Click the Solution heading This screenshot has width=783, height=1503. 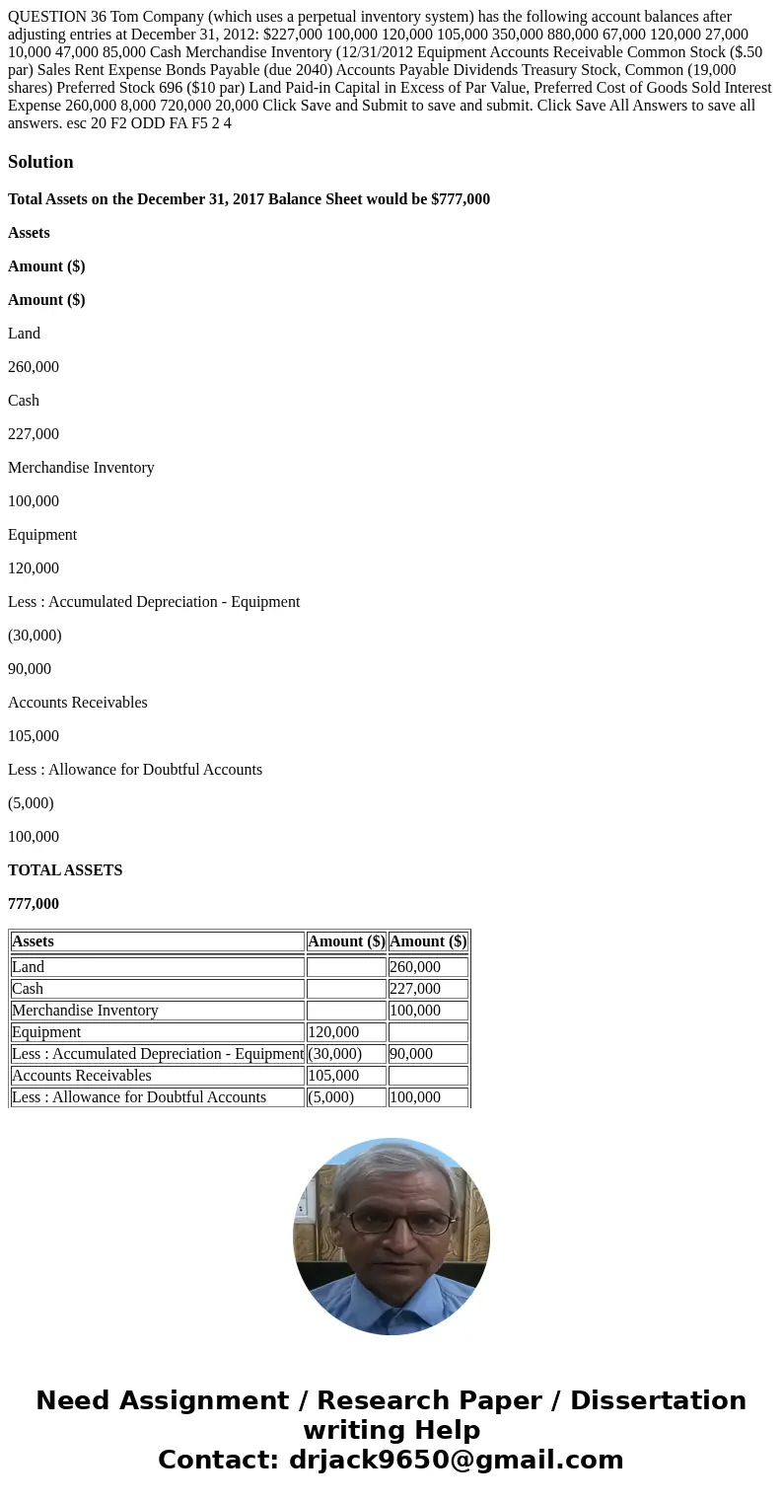pyautogui.click(x=40, y=162)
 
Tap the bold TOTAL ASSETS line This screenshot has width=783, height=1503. pyautogui.click(x=65, y=870)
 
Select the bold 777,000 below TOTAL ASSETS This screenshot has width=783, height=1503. pyautogui.click(x=34, y=904)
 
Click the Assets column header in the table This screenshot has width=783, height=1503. pyautogui.click(x=34, y=941)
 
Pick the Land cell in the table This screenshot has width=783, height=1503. pyautogui.click(x=29, y=967)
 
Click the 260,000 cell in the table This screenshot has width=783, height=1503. pyautogui.click(x=415, y=967)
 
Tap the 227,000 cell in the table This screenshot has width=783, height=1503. pyautogui.click(x=415, y=989)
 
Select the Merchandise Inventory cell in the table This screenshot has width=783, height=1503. pyautogui.click(x=85, y=1011)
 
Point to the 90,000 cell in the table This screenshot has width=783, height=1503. pyautogui.click(x=411, y=1054)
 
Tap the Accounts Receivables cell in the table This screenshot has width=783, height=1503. pyautogui.click(x=82, y=1076)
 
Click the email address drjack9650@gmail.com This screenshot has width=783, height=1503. pyautogui.click(x=456, y=1461)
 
